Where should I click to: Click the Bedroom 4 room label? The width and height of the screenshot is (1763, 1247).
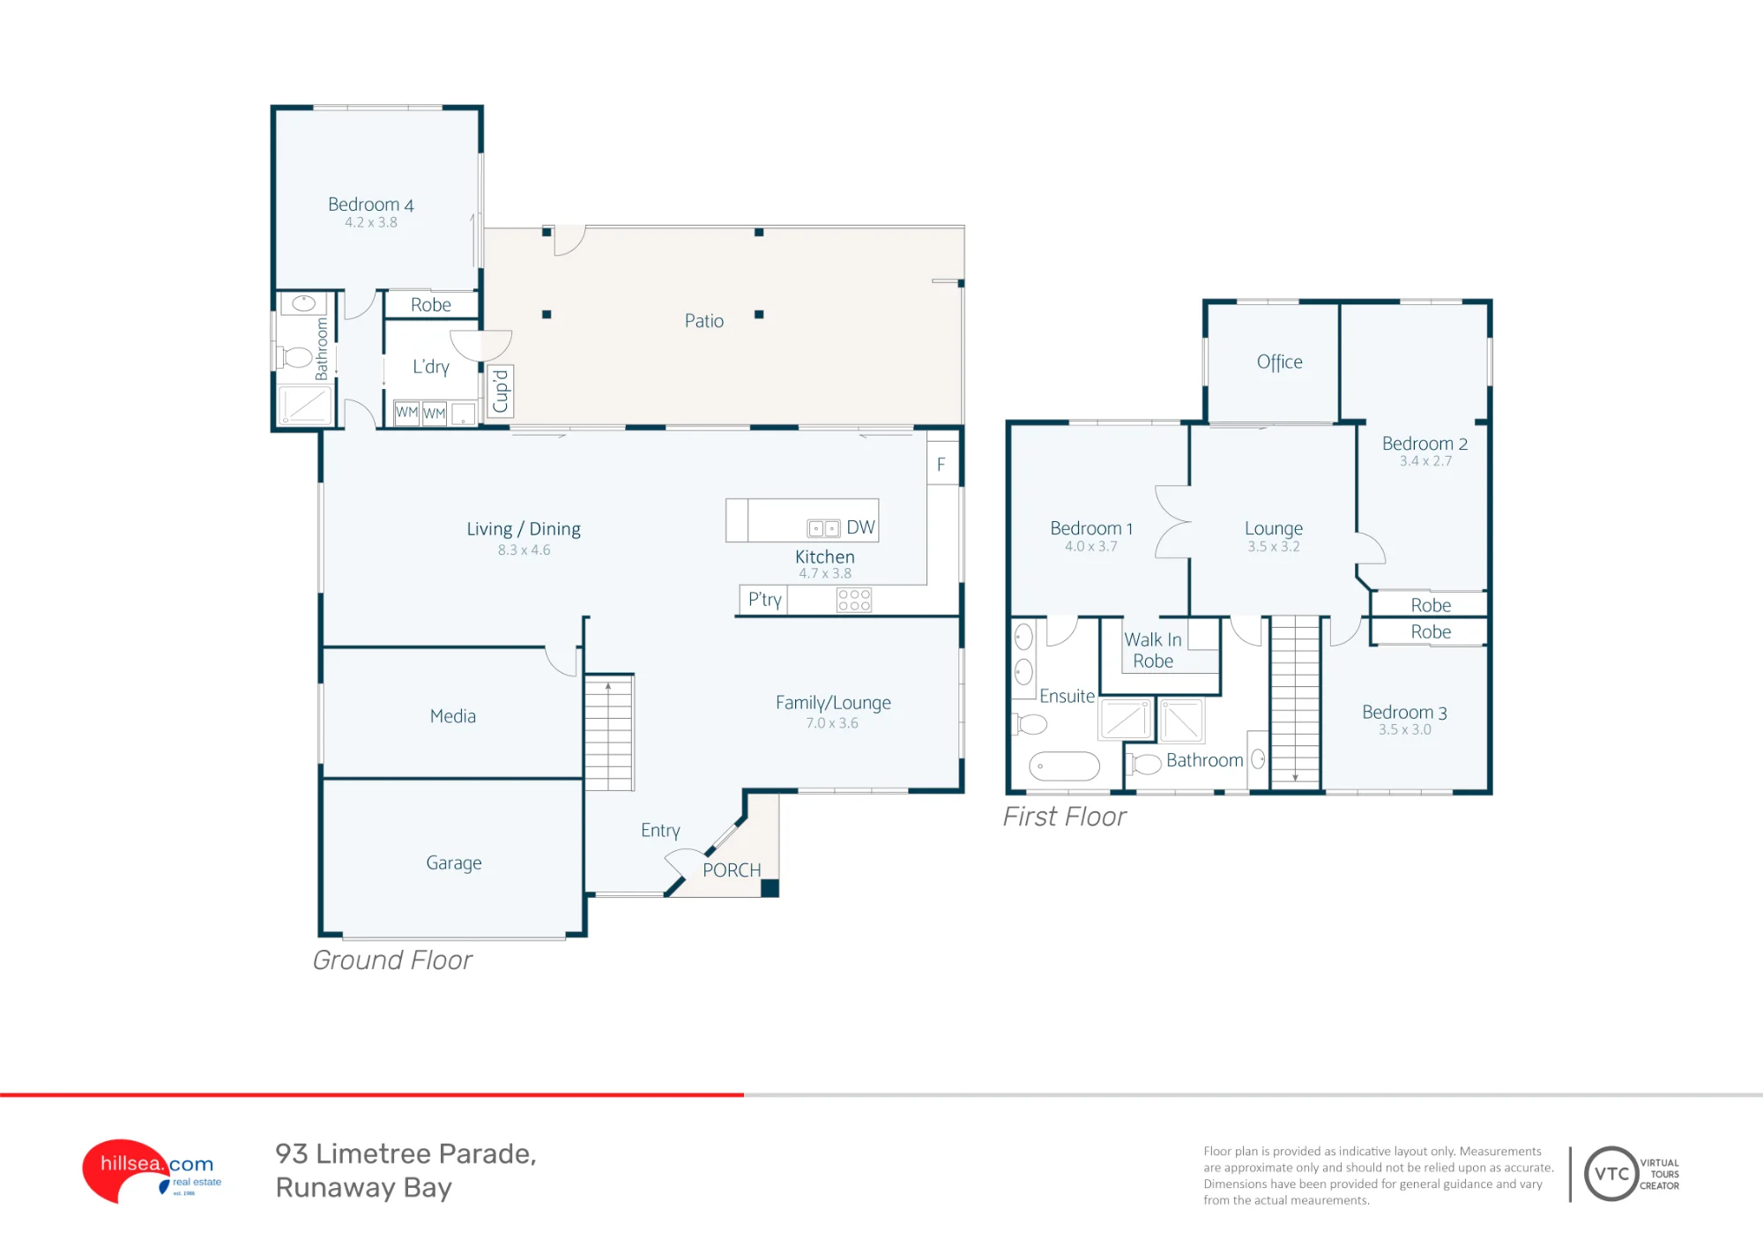click(371, 205)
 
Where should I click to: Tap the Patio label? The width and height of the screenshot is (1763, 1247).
click(704, 321)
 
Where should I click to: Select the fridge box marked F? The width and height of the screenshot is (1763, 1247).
click(942, 463)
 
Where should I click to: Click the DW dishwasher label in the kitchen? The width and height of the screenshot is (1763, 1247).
click(860, 527)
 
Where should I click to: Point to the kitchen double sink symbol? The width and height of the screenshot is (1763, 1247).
click(823, 528)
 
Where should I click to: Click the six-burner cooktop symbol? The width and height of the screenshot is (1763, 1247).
click(854, 600)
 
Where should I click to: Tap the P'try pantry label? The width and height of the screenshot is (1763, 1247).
click(764, 600)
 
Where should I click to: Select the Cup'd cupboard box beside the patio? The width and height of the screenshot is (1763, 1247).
click(501, 391)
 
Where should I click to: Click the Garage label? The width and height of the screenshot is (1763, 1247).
click(454, 862)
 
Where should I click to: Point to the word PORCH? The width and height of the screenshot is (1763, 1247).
click(732, 870)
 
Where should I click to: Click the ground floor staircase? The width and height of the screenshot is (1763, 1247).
click(608, 732)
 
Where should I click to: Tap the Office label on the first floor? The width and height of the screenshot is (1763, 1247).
click(1279, 362)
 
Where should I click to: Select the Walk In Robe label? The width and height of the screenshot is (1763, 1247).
click(1153, 650)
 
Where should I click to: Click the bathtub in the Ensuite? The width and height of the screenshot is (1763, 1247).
click(1064, 766)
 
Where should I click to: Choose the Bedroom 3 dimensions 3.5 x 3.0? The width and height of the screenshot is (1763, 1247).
click(1405, 729)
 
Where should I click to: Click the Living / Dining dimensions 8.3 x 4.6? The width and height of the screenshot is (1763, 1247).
click(524, 549)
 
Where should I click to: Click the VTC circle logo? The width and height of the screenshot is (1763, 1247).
click(1611, 1174)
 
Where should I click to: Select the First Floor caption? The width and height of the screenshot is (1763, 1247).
click(1064, 817)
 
